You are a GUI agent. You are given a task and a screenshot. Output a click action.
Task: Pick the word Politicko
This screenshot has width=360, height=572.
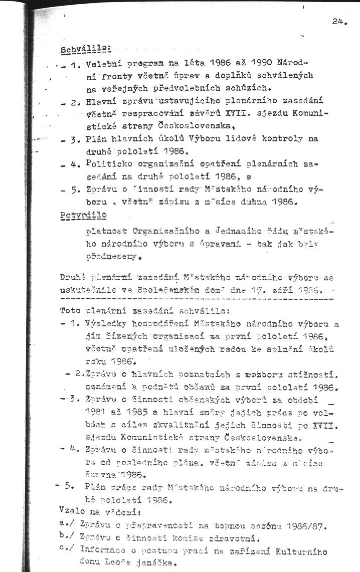tap(108, 163)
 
